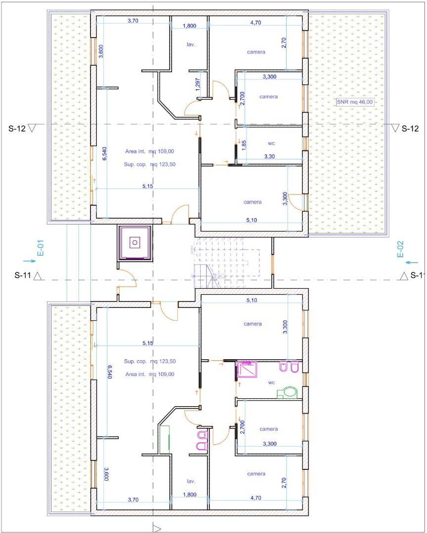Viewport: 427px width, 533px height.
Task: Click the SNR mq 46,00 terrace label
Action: click(355, 102)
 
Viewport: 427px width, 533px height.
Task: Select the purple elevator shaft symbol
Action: click(135, 242)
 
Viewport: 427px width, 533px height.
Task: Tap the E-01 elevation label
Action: click(41, 248)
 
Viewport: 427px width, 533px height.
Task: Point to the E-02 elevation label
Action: click(400, 249)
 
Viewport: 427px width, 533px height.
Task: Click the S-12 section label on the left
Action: click(17, 128)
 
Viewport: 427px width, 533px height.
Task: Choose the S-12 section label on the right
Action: click(410, 128)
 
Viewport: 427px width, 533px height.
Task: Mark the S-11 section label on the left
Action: click(23, 275)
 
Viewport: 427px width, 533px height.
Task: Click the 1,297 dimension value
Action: click(198, 84)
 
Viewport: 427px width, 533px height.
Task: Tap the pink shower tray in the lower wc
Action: click(247, 370)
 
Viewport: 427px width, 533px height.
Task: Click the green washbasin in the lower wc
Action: click(290, 392)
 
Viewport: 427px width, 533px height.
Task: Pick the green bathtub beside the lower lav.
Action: click(164, 439)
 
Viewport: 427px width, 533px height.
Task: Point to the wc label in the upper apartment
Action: click(271, 144)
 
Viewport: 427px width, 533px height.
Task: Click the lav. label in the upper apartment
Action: click(191, 44)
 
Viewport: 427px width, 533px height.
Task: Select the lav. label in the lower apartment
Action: click(191, 481)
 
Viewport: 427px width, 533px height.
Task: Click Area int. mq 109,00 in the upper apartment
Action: click(149, 152)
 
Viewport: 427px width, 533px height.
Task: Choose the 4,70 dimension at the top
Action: click(256, 23)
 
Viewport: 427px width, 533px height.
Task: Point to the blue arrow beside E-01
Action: click(30, 261)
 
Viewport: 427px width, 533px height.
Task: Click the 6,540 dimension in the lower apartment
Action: click(109, 372)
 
